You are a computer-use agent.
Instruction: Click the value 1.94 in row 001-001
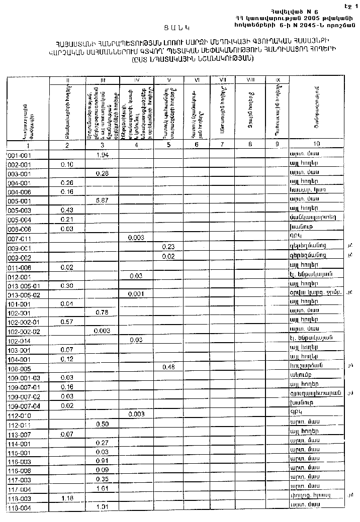pos(102,154)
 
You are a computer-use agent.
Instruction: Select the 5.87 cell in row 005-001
pos(102,200)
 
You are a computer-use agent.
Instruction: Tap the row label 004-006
pos(20,191)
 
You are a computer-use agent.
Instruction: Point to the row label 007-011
pos(20,238)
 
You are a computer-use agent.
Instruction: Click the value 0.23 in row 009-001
pos(168,247)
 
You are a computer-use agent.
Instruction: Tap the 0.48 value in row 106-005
pos(168,367)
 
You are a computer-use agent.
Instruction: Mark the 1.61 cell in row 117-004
pos(102,489)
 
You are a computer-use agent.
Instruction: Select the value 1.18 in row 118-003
pos(67,498)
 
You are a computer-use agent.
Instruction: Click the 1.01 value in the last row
pos(102,507)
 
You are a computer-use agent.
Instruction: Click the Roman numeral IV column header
pos(136,80)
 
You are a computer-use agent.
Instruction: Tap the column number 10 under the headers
pos(316,145)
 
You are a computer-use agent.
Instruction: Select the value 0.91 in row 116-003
pos(102,461)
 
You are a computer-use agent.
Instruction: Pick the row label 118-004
pos(20,507)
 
